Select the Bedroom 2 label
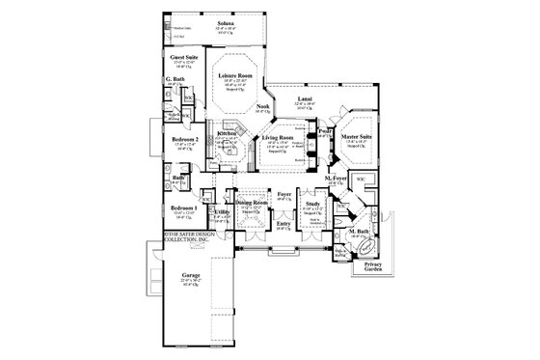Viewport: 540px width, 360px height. pos(185,139)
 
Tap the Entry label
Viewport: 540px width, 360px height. pos(283,224)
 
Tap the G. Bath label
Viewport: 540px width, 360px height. pos(176,80)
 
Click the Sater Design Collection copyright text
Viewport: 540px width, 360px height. pos(184,239)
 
